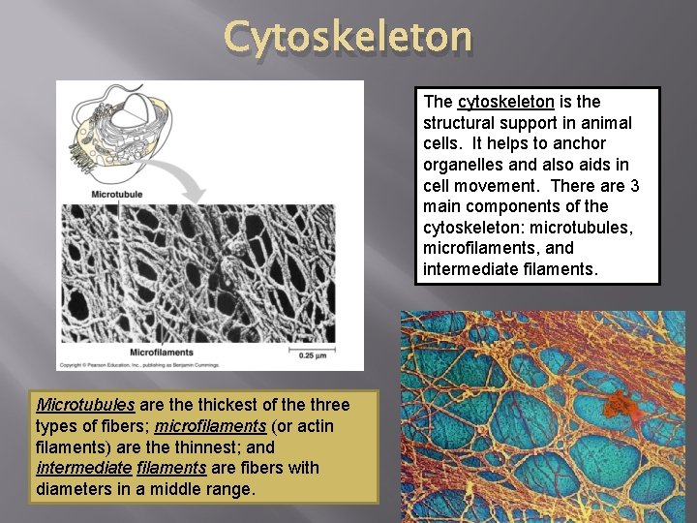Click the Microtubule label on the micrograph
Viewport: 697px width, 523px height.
click(x=116, y=195)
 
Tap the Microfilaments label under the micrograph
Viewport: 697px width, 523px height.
click(x=161, y=352)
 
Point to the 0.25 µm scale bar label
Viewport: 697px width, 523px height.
click(x=314, y=356)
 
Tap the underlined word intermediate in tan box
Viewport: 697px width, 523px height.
click(x=84, y=469)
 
